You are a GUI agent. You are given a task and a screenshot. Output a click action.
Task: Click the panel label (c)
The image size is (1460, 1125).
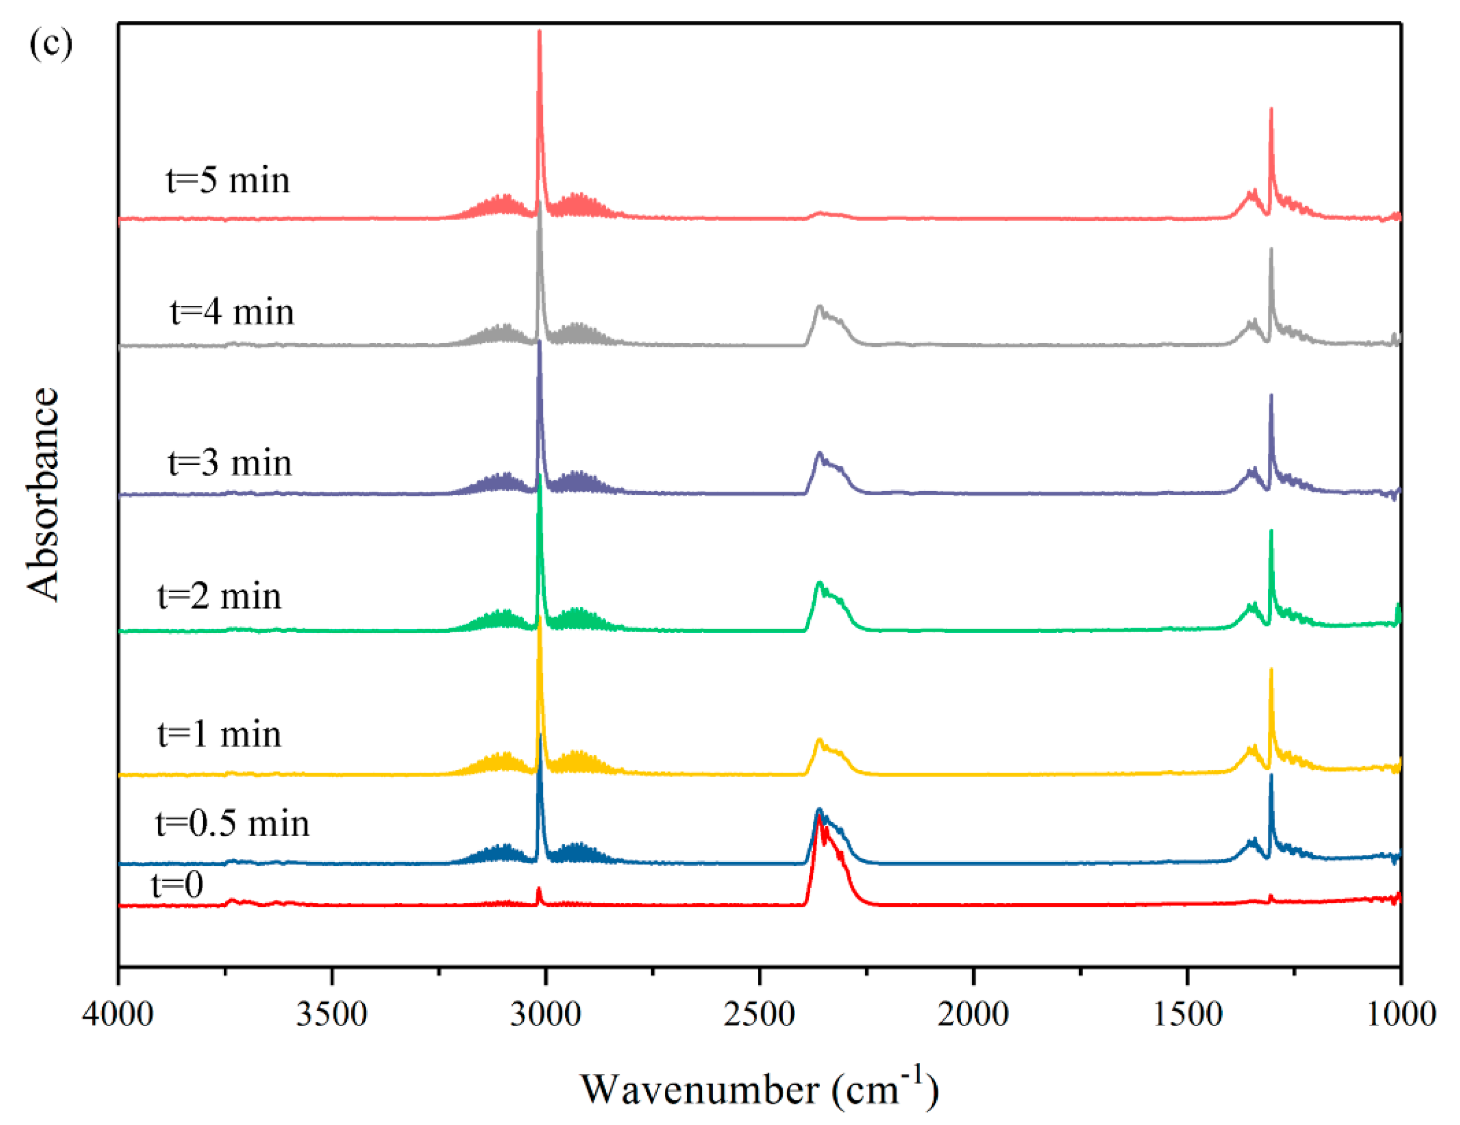tap(51, 44)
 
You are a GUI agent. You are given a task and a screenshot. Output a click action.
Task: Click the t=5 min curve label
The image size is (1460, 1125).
tap(228, 180)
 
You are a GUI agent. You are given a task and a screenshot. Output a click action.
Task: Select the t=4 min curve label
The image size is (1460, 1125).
tap(232, 312)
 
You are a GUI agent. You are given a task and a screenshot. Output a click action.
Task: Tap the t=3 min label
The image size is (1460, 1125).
tap(230, 462)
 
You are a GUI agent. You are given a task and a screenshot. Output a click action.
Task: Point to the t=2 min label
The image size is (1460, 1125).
tap(219, 596)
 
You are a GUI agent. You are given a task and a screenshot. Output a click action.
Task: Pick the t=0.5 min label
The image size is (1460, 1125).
tap(233, 823)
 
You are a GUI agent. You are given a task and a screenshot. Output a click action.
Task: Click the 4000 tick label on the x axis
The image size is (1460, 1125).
tap(118, 1014)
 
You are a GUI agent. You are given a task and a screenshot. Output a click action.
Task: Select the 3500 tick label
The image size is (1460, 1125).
tap(332, 1014)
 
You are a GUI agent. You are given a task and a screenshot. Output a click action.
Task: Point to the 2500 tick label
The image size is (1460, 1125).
tap(760, 1014)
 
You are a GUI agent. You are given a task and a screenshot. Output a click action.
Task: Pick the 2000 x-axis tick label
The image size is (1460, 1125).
tap(973, 1014)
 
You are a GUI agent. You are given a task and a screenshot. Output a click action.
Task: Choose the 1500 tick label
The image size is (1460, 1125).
tap(1188, 1014)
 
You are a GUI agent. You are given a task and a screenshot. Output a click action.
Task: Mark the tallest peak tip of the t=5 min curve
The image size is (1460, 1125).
tap(539, 32)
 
